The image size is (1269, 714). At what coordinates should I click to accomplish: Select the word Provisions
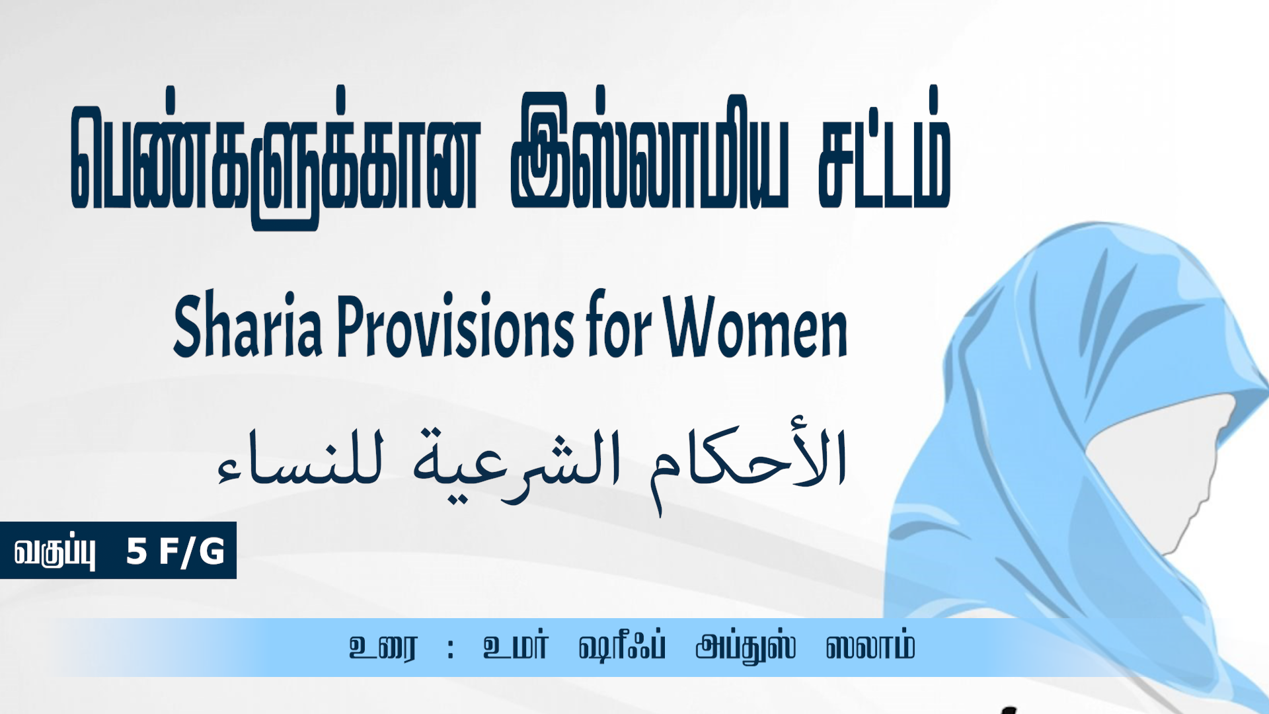click(456, 324)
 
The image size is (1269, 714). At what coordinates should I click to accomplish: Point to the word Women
click(755, 325)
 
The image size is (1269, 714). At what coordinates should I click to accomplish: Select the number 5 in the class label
click(136, 551)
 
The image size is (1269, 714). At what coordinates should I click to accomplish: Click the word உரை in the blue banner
click(383, 647)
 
